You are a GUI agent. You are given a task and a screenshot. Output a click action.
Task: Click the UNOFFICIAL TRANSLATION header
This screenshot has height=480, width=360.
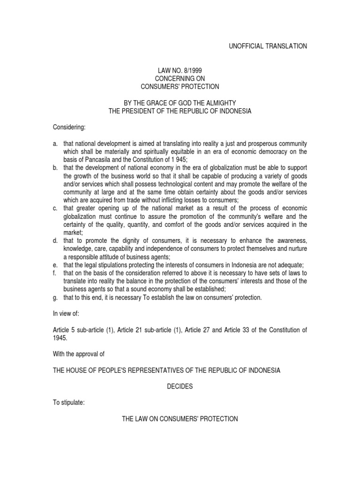click(x=268, y=46)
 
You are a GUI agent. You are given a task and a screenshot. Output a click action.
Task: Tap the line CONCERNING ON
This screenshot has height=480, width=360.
click(x=180, y=78)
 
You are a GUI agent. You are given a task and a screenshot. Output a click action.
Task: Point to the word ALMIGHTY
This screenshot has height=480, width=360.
click(x=221, y=103)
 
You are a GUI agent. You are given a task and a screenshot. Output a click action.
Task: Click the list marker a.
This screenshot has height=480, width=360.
click(x=54, y=143)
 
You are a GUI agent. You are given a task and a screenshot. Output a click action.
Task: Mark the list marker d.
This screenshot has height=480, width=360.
click(x=54, y=240)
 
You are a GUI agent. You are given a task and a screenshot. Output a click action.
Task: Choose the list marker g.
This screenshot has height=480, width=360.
click(x=54, y=297)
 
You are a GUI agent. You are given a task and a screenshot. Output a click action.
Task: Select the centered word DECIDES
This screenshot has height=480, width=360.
click(x=180, y=387)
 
